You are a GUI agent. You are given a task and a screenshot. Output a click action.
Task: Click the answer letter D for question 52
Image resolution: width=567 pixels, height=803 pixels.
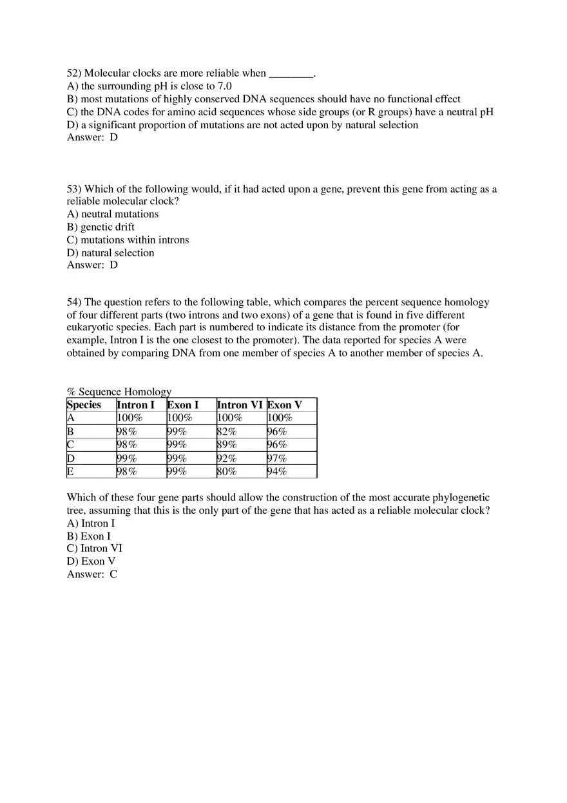[x=114, y=137]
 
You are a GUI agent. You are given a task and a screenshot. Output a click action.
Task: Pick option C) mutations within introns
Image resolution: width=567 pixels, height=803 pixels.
[x=128, y=240]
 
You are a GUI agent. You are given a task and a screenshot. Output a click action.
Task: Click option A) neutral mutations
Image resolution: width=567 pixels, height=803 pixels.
[x=113, y=214]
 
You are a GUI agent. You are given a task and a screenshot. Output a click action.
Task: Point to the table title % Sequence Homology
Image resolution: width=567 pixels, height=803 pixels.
[x=119, y=392]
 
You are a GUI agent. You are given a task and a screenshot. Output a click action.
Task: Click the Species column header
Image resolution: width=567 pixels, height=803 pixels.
[x=84, y=405]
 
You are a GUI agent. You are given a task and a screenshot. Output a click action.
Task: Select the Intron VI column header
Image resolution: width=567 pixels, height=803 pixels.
[x=240, y=405]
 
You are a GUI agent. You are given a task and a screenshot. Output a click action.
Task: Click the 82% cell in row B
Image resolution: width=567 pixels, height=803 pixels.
[x=227, y=432]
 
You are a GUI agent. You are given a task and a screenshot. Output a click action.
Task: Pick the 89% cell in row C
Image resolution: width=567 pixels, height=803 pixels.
[x=227, y=445]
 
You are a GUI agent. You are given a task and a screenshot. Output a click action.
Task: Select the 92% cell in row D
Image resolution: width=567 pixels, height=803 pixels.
[x=227, y=458]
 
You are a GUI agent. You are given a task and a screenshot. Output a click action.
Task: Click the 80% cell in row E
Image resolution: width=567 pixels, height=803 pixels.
[x=227, y=471]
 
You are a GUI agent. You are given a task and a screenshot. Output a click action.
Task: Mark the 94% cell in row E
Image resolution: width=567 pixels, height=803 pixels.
[x=277, y=471]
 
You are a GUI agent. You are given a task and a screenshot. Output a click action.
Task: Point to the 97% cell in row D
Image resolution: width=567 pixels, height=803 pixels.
[x=277, y=458]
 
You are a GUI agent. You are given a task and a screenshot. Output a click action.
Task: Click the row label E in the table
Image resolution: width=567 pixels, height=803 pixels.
[x=70, y=471]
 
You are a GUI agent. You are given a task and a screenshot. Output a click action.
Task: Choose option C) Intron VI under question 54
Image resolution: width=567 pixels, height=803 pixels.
[x=95, y=549]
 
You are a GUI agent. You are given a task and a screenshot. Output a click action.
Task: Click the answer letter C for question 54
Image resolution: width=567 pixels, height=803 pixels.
[x=113, y=574]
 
